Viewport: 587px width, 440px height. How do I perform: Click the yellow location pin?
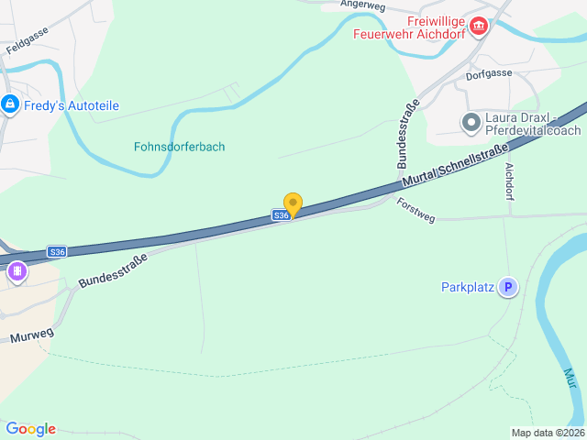tap(293, 203)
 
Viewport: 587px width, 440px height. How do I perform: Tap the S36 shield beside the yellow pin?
tap(281, 215)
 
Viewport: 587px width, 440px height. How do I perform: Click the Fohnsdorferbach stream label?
tap(180, 147)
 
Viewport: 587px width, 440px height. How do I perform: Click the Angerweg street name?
tap(361, 5)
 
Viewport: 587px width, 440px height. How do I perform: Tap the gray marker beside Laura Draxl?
tap(471, 122)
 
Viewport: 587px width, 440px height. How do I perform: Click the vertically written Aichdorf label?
tap(510, 181)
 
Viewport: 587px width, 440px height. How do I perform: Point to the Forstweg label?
tap(416, 210)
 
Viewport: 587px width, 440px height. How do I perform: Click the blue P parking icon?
tap(507, 288)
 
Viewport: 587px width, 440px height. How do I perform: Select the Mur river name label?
tap(570, 378)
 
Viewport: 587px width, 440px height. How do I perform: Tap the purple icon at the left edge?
tap(17, 272)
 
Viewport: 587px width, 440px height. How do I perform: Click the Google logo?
tap(31, 429)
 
